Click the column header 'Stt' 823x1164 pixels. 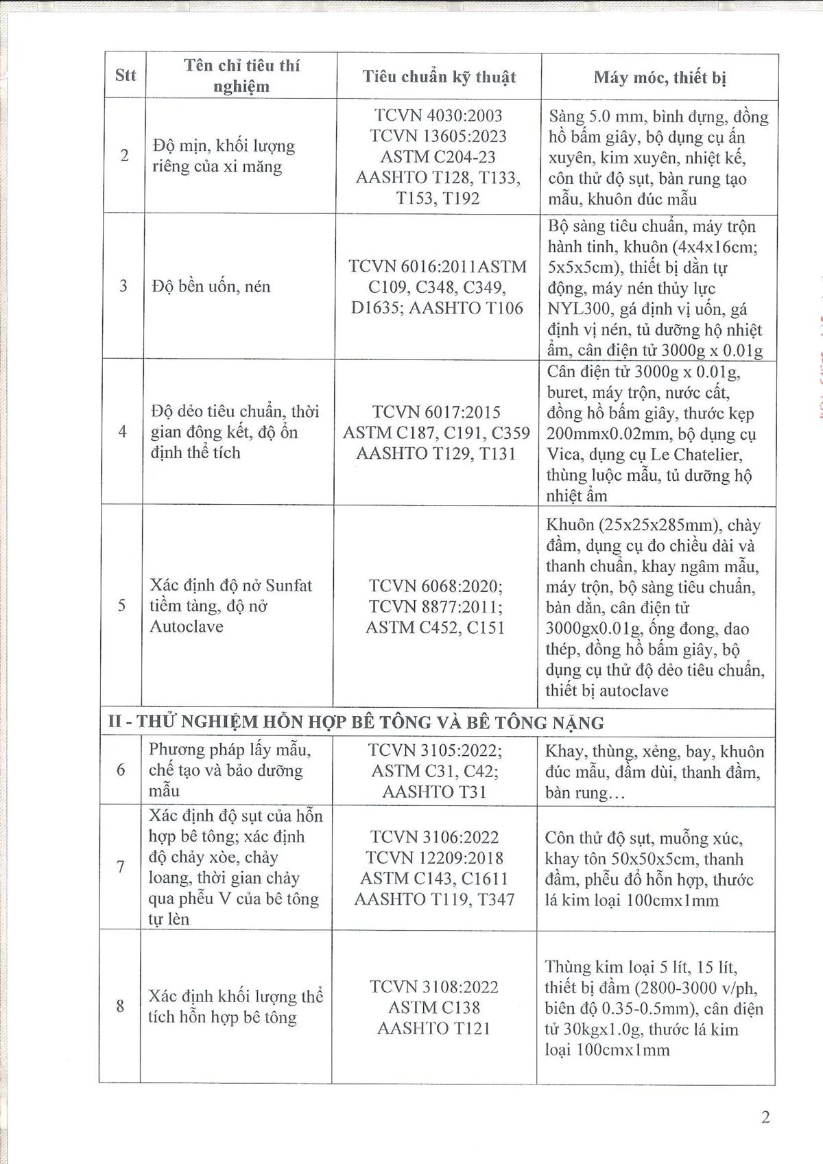(125, 75)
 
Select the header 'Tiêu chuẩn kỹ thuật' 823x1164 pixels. (439, 77)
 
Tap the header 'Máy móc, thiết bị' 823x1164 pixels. (659, 77)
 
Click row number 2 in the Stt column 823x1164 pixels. (124, 156)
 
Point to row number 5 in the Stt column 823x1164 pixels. (122, 606)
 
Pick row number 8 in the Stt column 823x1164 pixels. (121, 1006)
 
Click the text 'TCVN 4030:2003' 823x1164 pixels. (438, 115)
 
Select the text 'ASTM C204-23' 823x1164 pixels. (438, 156)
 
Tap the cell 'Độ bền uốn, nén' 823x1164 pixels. (211, 287)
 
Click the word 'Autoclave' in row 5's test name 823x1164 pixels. (187, 626)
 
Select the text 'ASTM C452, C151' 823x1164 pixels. (435, 627)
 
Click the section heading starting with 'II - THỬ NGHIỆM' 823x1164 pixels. (356, 722)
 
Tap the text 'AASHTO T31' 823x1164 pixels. (435, 792)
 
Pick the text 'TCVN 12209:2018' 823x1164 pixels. (435, 858)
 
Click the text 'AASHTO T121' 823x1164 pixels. (435, 1028)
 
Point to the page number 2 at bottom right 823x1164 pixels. (765, 1117)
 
